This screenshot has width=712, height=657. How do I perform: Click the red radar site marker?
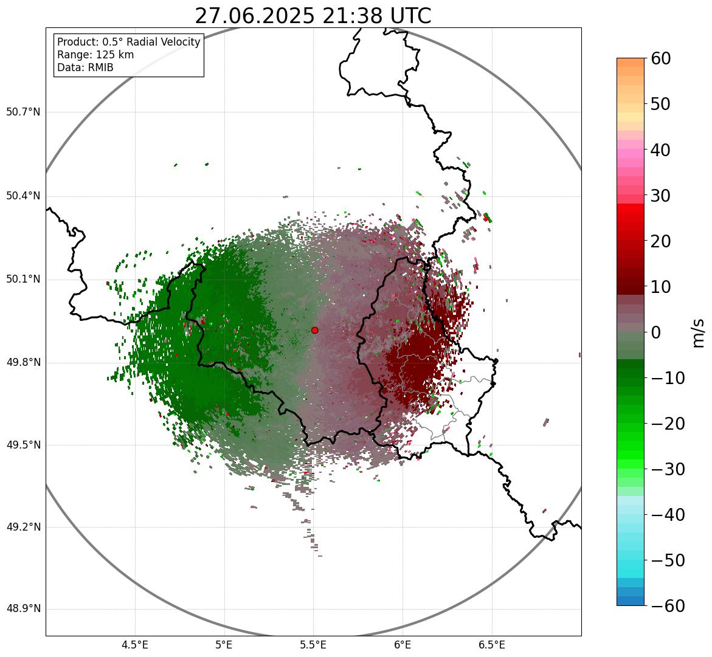[x=314, y=330]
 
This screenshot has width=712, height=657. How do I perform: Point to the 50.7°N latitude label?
[x=23, y=112]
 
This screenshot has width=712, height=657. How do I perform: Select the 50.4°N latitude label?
[x=23, y=196]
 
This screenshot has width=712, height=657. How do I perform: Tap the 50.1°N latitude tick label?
[x=23, y=280]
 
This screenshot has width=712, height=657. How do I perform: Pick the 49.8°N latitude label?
[x=23, y=363]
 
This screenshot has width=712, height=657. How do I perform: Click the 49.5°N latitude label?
[x=23, y=445]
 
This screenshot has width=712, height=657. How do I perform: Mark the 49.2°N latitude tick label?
[x=23, y=527]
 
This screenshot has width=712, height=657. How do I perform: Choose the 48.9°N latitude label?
[x=23, y=609]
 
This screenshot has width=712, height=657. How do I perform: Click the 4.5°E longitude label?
[x=135, y=645]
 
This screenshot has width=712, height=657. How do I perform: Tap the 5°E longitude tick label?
[x=224, y=645]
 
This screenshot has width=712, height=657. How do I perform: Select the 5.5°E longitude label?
[x=313, y=645]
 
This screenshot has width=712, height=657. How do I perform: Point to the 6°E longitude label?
[x=403, y=645]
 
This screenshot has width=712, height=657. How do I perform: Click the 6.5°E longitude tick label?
[x=491, y=645]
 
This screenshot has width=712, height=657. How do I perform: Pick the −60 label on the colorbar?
[x=666, y=606]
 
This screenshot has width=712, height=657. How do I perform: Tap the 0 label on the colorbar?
[x=656, y=332]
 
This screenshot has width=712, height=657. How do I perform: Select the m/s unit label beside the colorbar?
[x=698, y=332]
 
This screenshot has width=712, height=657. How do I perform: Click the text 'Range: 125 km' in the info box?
[x=95, y=55]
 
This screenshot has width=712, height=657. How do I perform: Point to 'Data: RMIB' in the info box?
[x=85, y=67]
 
